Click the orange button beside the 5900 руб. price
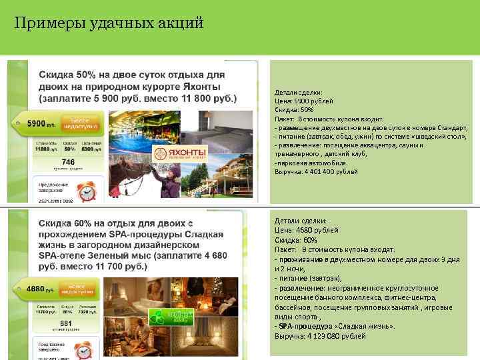[x=79, y=123]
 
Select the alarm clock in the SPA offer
[x=84, y=351]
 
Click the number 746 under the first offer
[x=68, y=161]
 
